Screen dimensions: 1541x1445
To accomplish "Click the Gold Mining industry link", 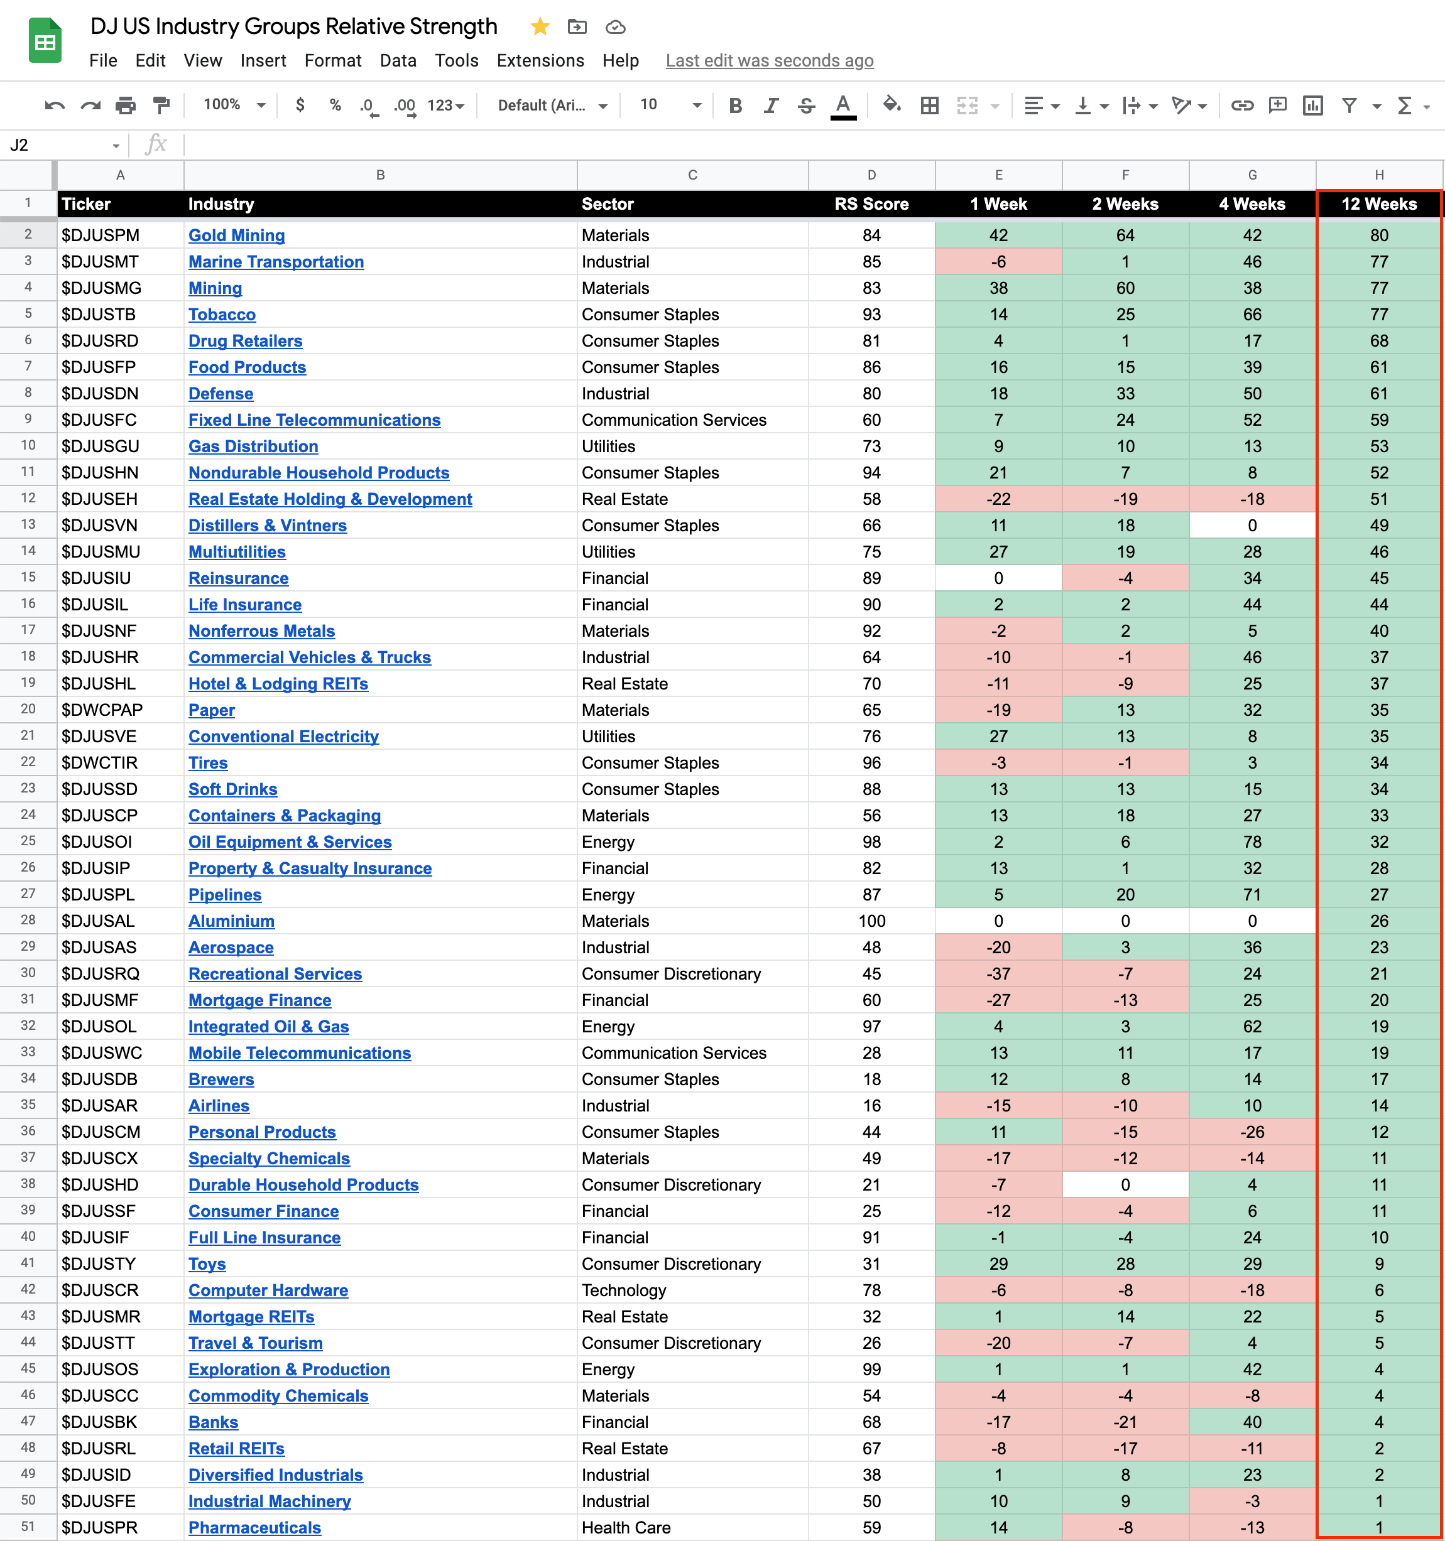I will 237,235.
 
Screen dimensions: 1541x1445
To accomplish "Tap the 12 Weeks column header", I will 1378,204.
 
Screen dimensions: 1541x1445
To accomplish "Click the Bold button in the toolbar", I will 735,105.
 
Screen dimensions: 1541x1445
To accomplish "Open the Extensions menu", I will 540,60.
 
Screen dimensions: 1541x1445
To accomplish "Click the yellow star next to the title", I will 540,27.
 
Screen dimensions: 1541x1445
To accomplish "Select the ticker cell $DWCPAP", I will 102,710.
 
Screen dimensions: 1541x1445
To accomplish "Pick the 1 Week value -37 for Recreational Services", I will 998,973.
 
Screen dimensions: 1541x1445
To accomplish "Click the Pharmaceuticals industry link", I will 254,1527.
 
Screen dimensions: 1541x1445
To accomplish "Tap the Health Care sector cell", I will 626,1527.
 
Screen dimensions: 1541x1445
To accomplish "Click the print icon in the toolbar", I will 126,105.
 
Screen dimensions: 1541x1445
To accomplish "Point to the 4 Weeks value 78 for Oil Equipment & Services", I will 1252,842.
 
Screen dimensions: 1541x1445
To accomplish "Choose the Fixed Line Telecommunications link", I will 314,420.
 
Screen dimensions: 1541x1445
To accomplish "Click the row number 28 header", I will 28,920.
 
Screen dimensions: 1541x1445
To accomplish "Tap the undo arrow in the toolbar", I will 54,105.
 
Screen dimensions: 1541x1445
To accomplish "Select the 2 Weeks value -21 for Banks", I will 1125,1422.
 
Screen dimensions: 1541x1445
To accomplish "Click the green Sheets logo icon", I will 45,40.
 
